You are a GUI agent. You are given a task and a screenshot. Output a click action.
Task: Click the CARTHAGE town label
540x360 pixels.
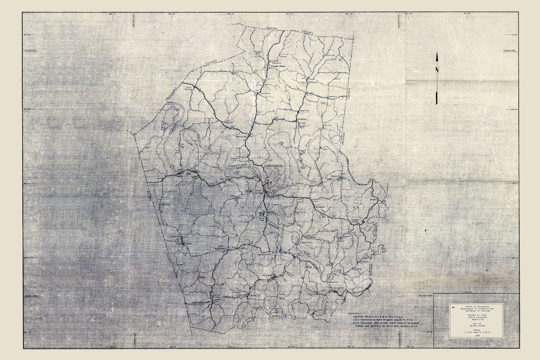[271, 165]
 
